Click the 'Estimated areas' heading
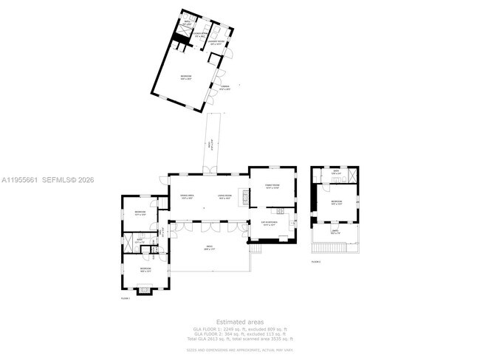(239, 321)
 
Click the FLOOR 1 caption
(125, 298)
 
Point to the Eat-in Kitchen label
(270, 223)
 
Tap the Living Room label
(224, 197)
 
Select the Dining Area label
(187, 197)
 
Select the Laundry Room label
(217, 44)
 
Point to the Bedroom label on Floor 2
(337, 202)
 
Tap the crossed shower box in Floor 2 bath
(353, 175)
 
